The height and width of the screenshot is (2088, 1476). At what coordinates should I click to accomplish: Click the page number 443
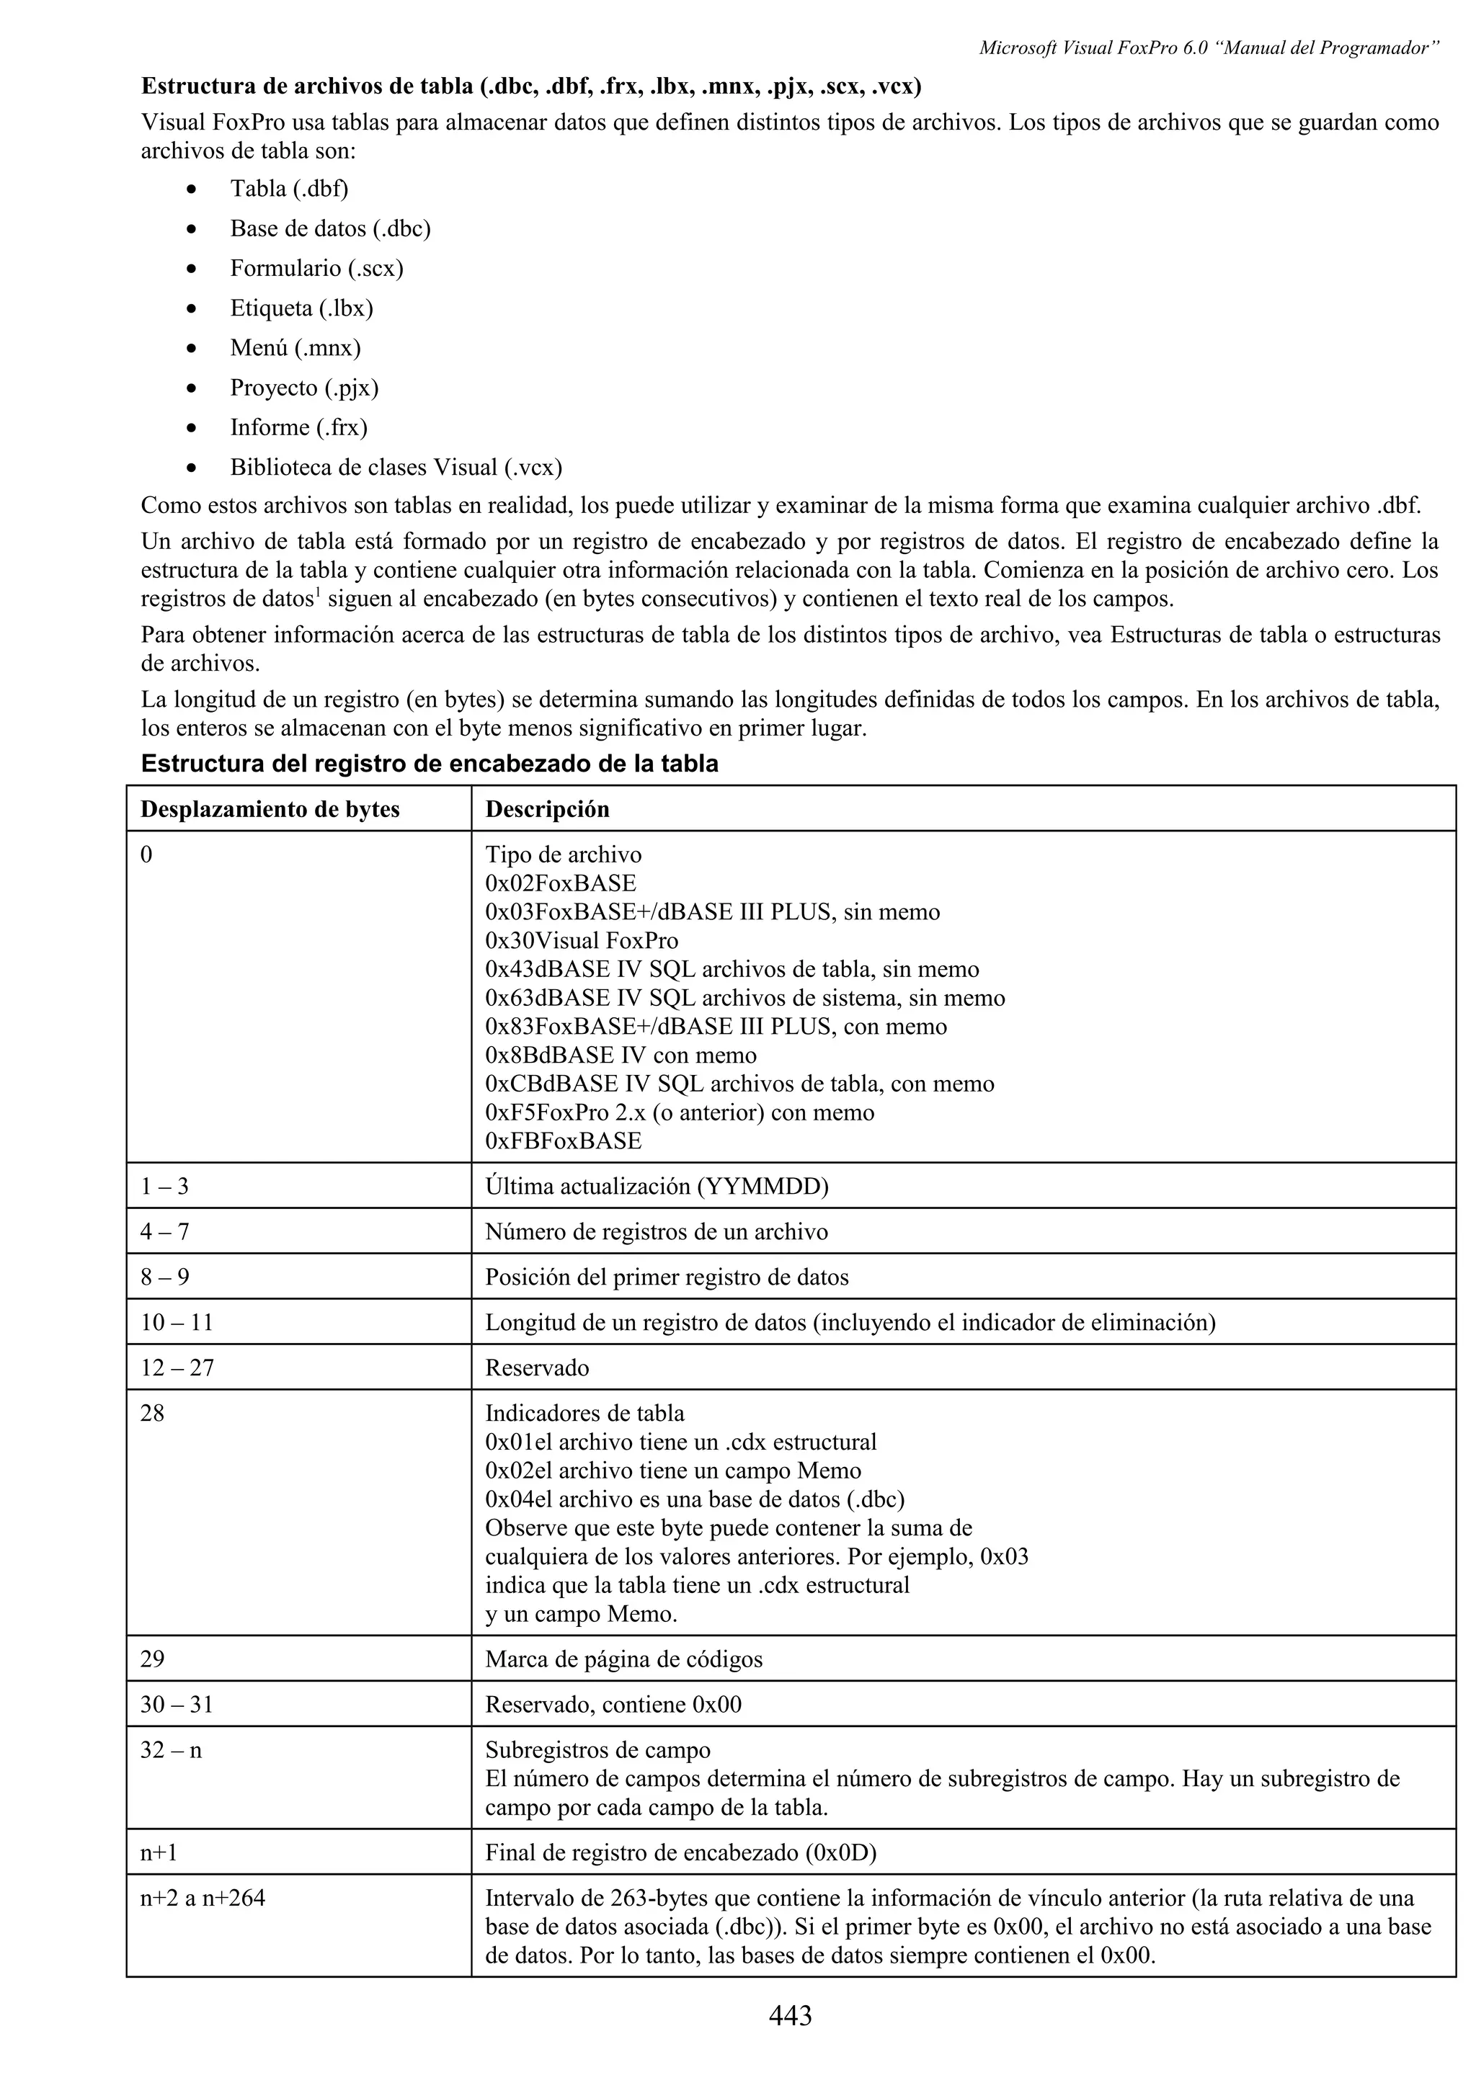click(789, 2016)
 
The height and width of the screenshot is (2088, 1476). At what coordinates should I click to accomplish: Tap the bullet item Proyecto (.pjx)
click(303, 388)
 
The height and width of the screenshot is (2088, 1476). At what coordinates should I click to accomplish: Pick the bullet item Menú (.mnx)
click(295, 347)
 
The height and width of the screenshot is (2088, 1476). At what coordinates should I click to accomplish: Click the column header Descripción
click(546, 808)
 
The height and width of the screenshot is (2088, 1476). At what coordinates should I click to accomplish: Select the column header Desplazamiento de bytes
click(270, 808)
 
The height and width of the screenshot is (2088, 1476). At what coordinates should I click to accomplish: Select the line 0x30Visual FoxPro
click(582, 940)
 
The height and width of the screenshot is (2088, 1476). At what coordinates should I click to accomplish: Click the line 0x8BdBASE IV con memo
click(621, 1055)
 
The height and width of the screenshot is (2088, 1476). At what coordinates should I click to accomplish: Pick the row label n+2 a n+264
click(203, 1898)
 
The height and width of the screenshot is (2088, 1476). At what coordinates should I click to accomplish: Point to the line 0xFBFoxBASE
click(563, 1141)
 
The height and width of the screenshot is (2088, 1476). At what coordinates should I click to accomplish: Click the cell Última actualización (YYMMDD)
click(657, 1186)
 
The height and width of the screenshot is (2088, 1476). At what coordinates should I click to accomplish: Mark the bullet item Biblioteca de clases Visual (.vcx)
click(396, 468)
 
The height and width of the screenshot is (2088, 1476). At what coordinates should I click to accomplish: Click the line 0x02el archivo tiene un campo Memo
click(673, 1471)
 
